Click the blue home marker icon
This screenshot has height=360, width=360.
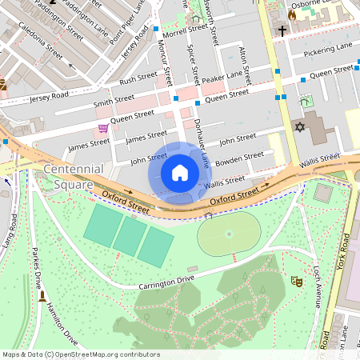(x=180, y=173)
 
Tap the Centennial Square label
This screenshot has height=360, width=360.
(x=73, y=177)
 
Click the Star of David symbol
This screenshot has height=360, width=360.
(x=301, y=127)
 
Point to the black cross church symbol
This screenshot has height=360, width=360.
(x=282, y=31)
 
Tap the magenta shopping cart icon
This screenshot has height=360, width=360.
(x=103, y=128)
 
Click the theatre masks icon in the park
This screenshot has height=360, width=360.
(x=295, y=281)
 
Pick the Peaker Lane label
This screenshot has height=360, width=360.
(x=222, y=77)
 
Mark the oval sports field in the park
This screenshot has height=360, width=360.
(x=229, y=234)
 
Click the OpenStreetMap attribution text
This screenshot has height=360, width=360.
(x=80, y=354)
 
